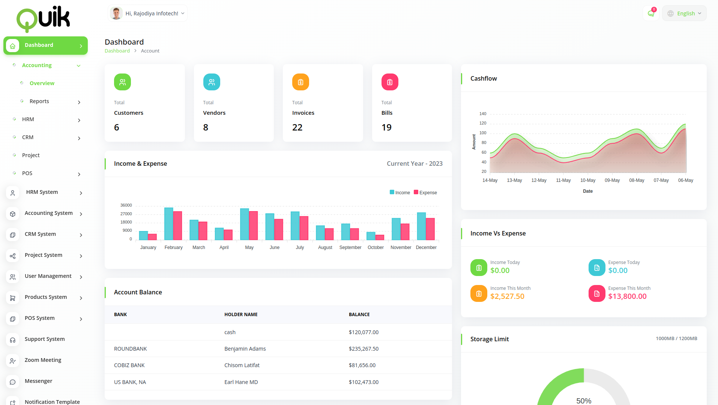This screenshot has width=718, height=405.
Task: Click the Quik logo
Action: point(43,18)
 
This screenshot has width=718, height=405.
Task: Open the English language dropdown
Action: point(685,13)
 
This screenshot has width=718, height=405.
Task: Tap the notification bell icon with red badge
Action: point(651,13)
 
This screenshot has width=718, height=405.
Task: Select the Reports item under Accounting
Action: point(39,101)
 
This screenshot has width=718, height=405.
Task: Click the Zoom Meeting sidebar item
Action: point(43,360)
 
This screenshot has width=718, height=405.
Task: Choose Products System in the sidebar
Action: point(46,297)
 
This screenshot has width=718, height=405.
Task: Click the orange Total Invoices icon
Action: point(300,82)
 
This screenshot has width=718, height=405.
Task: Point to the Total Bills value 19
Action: point(386,127)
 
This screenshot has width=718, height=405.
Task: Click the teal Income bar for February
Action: point(169,224)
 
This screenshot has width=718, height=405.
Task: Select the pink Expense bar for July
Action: point(304,228)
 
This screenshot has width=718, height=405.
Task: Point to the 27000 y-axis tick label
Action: point(126,214)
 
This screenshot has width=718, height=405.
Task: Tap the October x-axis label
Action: point(376,247)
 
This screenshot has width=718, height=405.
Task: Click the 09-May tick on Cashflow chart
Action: point(612,180)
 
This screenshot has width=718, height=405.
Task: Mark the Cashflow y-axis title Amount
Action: point(474,142)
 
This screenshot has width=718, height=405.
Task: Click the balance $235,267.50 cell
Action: point(364,349)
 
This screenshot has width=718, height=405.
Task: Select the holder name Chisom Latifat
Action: point(242,365)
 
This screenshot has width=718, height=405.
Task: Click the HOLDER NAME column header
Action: point(241,315)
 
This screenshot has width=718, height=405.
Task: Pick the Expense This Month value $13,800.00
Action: point(627,296)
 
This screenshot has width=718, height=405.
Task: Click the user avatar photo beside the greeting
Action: point(116,13)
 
